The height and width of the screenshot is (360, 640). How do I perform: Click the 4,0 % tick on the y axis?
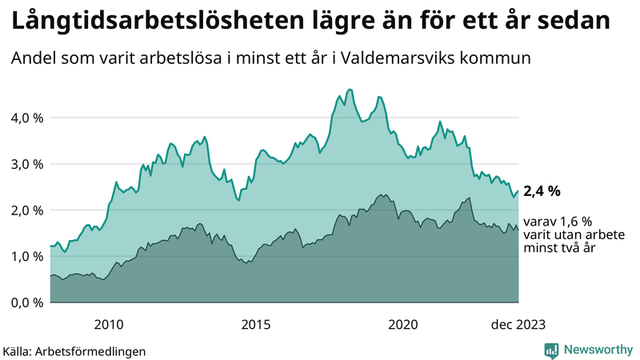[26, 118]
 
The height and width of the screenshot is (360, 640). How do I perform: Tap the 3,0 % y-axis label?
[26, 164]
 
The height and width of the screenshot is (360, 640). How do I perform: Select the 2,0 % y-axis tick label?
[26, 210]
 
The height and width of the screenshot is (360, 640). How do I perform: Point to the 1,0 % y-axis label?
[26, 256]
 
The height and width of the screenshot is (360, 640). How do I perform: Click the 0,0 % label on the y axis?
[26, 302]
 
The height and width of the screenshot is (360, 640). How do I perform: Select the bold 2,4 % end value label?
[542, 191]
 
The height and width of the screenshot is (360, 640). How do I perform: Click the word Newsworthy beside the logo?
[597, 349]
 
